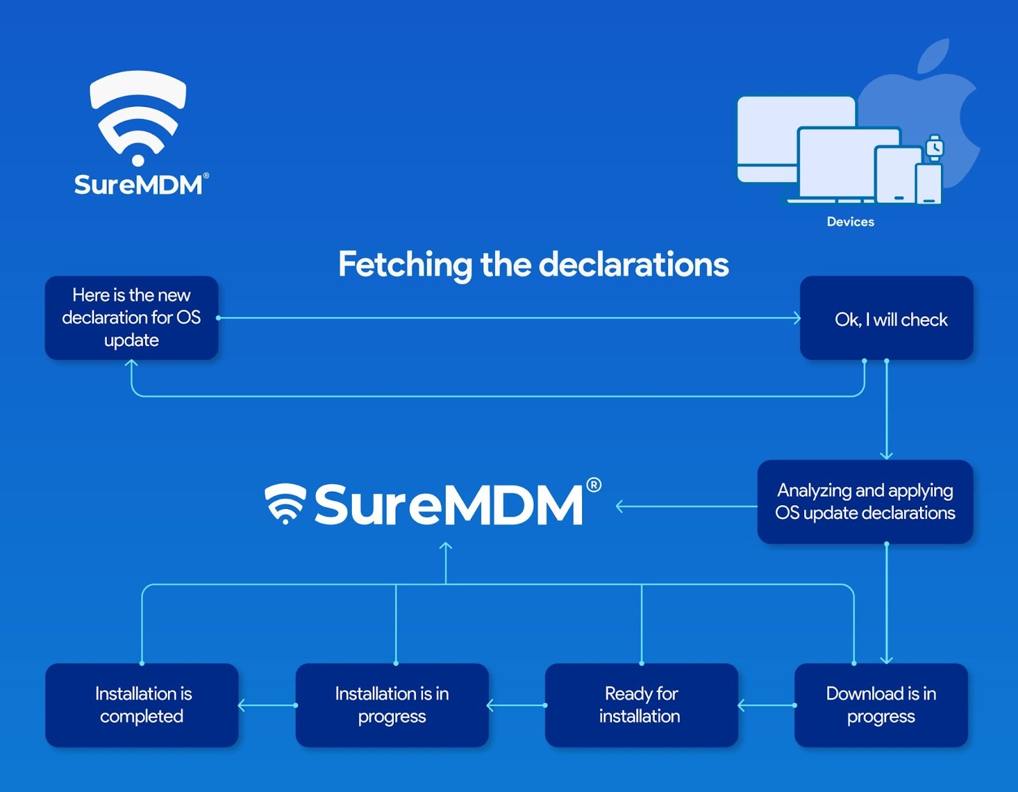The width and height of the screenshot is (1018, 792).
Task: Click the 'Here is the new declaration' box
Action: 131,317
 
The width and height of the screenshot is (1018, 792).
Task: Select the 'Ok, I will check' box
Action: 886,318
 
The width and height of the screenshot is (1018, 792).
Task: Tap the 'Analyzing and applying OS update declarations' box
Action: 865,501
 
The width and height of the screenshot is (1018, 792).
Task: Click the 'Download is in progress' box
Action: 881,704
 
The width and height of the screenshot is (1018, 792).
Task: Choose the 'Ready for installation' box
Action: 641,704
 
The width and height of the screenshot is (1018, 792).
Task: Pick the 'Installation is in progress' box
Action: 392,704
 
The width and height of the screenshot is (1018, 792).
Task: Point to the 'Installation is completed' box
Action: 142,704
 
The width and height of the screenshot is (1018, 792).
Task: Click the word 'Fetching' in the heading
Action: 405,265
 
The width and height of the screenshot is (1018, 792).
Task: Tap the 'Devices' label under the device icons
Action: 850,222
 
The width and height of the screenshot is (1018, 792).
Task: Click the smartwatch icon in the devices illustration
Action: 934,148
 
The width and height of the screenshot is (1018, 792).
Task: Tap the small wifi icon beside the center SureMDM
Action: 285,503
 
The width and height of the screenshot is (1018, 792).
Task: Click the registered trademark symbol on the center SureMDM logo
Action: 593,485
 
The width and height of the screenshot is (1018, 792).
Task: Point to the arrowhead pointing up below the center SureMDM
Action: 446,546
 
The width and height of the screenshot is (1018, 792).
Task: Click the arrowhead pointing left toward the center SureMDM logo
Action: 620,506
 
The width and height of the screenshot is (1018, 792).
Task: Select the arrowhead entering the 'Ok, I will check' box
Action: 797,317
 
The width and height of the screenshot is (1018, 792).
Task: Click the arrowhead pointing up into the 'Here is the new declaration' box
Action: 132,365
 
